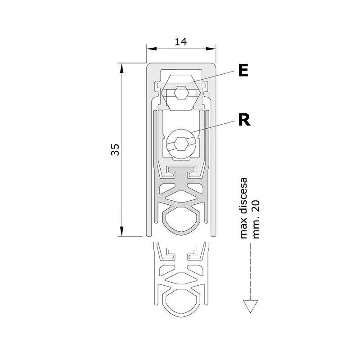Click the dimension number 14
coord(181,42)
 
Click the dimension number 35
coord(115,150)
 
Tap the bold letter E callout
coord(243,71)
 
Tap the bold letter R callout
coord(244,120)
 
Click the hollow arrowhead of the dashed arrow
coord(251,306)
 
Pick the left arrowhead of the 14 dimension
coord(152,49)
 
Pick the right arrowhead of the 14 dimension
coord(211,49)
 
